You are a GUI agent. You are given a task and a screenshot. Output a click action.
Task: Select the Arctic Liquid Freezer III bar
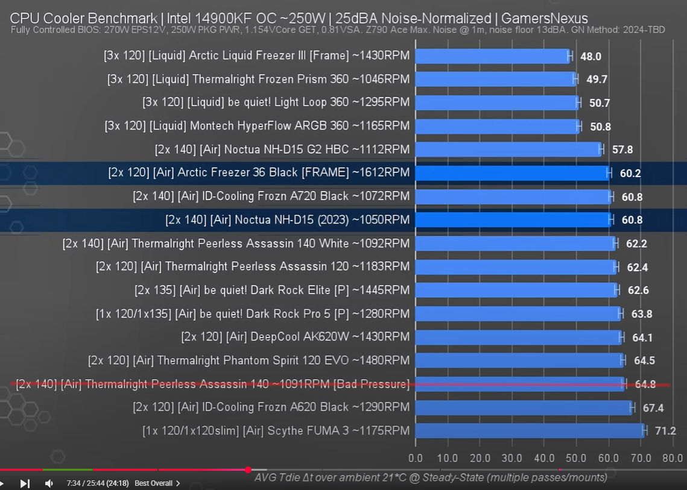click(492, 56)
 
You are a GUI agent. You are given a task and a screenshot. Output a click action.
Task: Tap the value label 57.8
click(622, 149)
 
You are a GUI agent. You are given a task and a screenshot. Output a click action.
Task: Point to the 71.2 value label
click(665, 431)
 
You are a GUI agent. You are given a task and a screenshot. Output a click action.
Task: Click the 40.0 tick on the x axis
click(544, 458)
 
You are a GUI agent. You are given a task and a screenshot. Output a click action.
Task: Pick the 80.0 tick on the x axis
click(672, 458)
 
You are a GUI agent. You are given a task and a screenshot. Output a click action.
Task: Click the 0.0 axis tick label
click(416, 458)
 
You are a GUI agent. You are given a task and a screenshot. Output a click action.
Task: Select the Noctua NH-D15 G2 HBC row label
click(282, 149)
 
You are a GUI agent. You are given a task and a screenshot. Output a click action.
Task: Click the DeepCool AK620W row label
click(295, 337)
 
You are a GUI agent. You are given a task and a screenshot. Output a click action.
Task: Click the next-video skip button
click(25, 483)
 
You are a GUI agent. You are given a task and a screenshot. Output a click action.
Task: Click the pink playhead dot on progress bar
click(248, 470)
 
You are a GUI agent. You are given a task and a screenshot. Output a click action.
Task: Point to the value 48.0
click(590, 57)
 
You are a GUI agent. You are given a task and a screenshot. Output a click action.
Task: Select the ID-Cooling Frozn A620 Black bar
click(524, 407)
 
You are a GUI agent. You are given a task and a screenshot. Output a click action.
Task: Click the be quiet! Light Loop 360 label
click(276, 102)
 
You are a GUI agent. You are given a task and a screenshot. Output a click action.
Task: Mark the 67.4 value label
click(653, 408)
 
